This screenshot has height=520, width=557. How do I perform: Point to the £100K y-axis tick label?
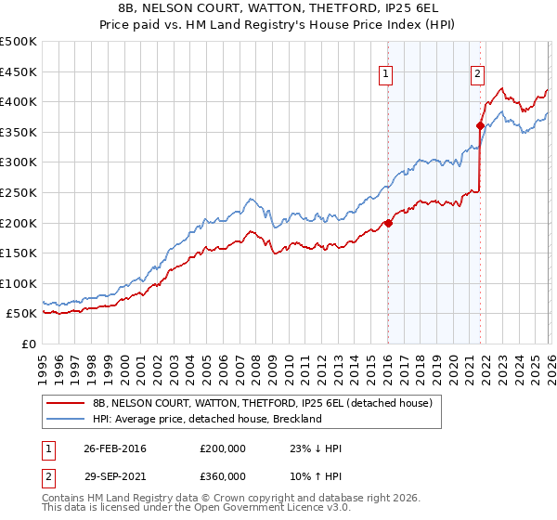[x=19, y=283]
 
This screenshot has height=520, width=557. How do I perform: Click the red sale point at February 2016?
[x=388, y=223]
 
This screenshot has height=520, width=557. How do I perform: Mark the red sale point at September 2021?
[x=480, y=125]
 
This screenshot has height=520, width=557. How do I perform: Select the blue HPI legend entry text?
[x=206, y=419]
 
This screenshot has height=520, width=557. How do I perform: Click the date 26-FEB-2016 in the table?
[x=115, y=448]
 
